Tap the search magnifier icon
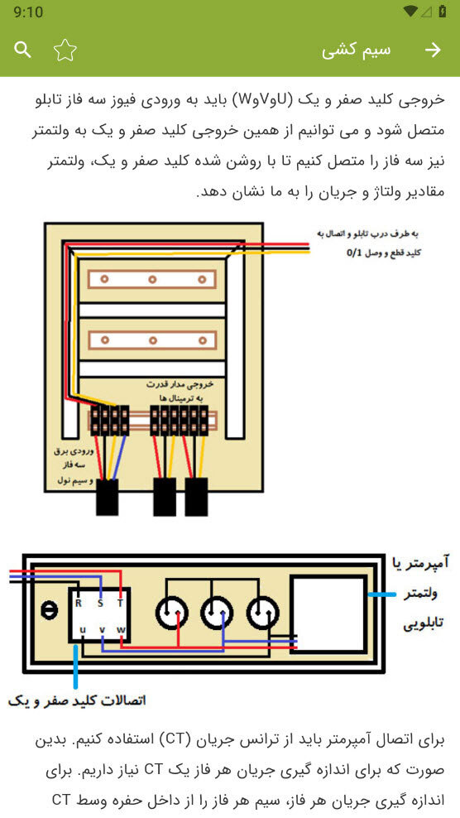(22, 50)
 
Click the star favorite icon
(65, 50)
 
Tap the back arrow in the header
(433, 50)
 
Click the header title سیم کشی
(357, 51)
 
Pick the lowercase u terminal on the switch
(82, 630)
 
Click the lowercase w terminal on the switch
(121, 630)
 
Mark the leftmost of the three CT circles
(171, 613)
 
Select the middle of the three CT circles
(217, 613)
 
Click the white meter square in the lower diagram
(328, 613)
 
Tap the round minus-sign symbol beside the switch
(50, 611)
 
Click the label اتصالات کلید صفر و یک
(77, 700)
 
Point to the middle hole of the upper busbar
(152, 280)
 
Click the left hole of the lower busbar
(104, 340)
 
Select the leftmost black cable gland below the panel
(108, 497)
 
